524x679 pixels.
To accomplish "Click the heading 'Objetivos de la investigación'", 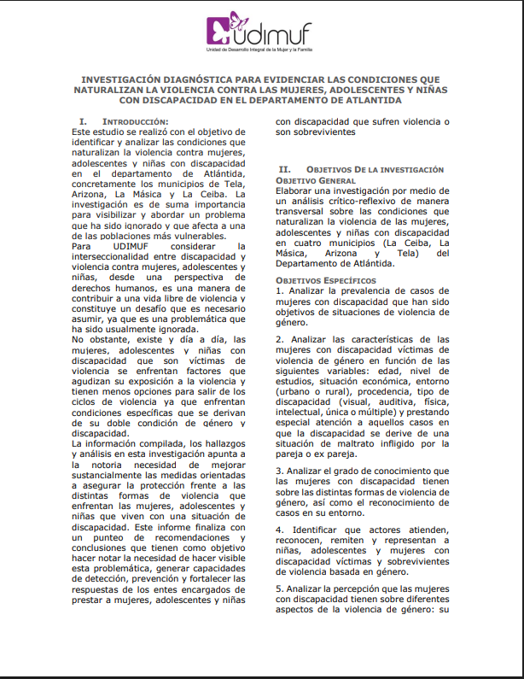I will [x=363, y=170].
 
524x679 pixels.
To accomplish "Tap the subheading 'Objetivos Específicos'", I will [x=326, y=279].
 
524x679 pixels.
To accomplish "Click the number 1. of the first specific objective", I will [x=279, y=291].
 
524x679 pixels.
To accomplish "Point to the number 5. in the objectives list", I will [x=280, y=589].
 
